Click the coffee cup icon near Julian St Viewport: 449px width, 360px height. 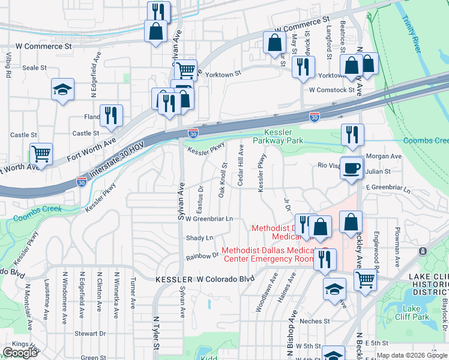tap(351, 167)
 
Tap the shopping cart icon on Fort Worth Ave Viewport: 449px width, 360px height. tap(41, 154)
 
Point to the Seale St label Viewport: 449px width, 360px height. tap(34, 68)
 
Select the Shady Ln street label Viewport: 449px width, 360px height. tap(199, 238)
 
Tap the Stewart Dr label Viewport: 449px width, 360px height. tap(90, 333)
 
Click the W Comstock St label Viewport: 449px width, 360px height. tap(332, 90)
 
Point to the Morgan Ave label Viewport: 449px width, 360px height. tap(384, 156)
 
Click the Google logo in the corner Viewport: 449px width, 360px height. tap(20, 353)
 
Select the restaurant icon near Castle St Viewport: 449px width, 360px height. tap(110, 115)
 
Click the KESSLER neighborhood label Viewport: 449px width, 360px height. tap(174, 280)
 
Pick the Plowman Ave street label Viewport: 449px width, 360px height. tap(397, 246)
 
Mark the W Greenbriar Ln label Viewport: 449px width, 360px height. tap(208, 219)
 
